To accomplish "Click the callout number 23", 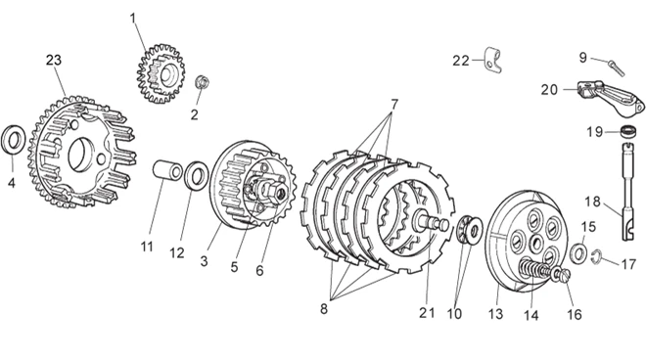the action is pos(54,60).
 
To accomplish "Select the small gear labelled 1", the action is pos(161,73).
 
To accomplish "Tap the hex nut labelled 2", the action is pos(202,81).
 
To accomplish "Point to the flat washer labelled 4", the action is pos(14,140).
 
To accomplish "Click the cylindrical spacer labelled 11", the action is pos(167,170).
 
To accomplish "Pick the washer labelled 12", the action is pos(196,176).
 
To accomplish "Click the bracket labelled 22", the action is pos(492,60).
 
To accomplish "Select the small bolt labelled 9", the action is pos(617,67).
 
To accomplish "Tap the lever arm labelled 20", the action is pos(611,97).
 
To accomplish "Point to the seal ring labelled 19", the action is pos(628,131).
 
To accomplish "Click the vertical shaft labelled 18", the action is pos(628,191).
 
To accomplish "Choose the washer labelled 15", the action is pos(578,253).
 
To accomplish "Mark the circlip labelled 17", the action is pos(596,257).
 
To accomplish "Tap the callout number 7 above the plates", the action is pos(394,105).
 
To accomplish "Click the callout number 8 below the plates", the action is pos(324,308).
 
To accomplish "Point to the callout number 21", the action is pos(427,313).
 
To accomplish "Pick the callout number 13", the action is pos(495,314).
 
